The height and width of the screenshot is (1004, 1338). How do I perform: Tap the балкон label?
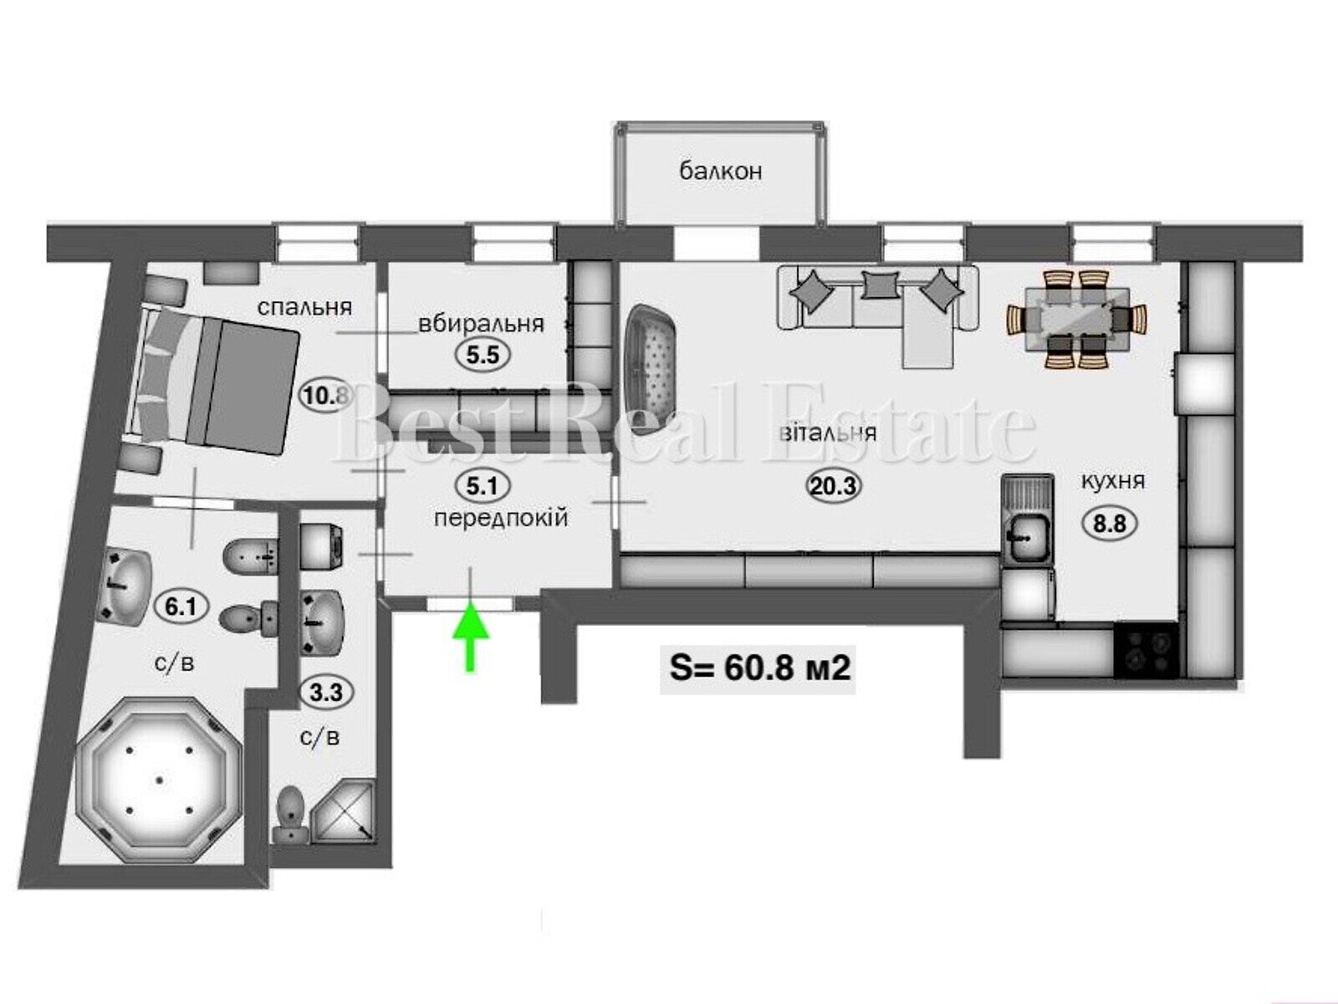(721, 172)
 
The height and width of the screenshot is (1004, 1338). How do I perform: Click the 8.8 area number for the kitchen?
(1110, 524)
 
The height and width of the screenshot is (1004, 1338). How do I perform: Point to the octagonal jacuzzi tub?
(159, 781)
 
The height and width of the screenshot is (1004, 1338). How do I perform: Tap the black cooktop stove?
(1146, 650)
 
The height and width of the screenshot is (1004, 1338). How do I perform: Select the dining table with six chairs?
(1076, 320)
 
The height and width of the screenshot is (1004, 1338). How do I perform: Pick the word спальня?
(304, 307)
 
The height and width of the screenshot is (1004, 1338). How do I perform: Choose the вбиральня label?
(481, 323)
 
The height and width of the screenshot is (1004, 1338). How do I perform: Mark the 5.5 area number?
(483, 355)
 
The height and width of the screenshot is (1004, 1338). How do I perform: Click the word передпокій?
(500, 519)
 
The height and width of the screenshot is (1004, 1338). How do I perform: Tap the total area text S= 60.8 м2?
(759, 668)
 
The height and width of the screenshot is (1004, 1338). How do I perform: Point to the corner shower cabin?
(344, 811)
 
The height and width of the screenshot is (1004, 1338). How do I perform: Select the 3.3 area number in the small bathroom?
(326, 693)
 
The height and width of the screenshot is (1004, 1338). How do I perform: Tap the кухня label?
(1113, 482)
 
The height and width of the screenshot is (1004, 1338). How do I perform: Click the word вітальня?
(828, 433)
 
